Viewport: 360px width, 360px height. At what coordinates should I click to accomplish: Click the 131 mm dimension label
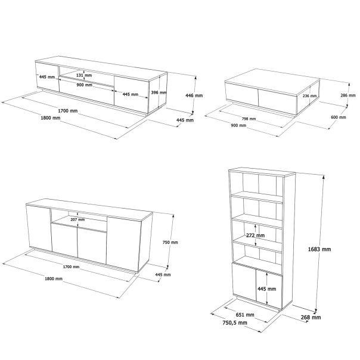tap(84, 76)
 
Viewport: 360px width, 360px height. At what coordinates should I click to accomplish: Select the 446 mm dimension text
tap(194, 95)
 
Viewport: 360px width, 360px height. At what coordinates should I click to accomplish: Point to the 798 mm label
tap(249, 119)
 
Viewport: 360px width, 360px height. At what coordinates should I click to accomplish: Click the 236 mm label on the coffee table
tap(309, 95)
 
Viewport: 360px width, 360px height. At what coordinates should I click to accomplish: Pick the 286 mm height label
tap(347, 95)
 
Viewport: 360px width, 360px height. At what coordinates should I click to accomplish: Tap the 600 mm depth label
tap(337, 117)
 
